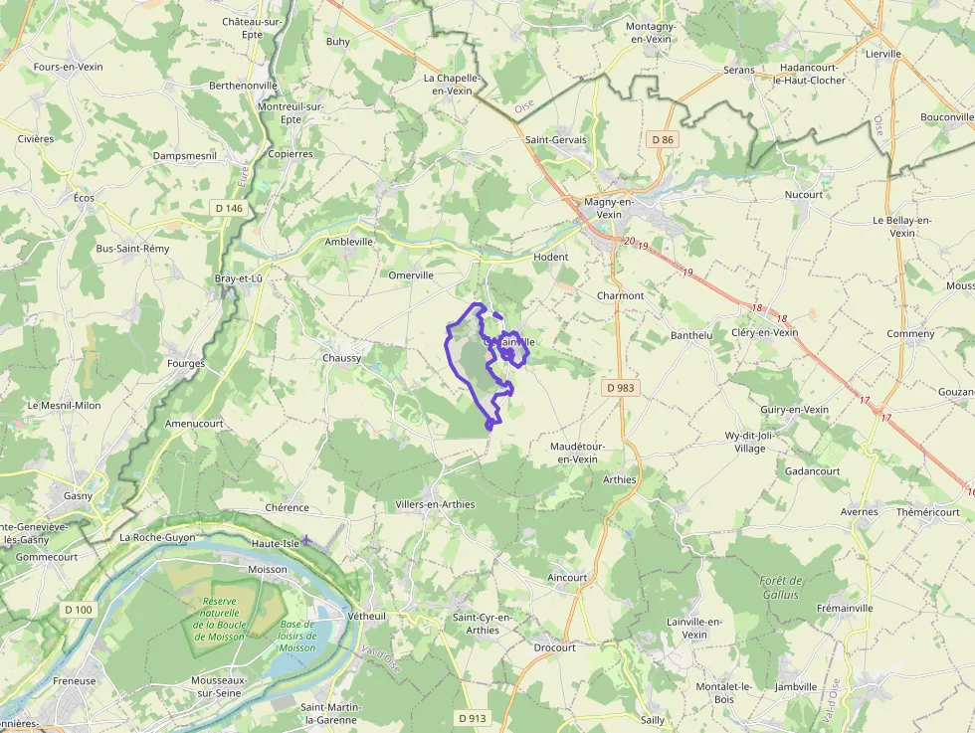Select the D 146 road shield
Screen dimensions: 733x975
pyautogui.click(x=228, y=208)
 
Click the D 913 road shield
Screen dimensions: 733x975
pyautogui.click(x=473, y=718)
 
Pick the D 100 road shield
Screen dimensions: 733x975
pyautogui.click(x=78, y=609)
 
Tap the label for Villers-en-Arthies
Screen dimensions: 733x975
pyautogui.click(x=435, y=504)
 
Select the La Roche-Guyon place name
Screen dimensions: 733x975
pyautogui.click(x=157, y=537)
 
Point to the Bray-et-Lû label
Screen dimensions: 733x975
pyautogui.click(x=239, y=279)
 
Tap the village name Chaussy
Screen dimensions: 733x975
pyautogui.click(x=342, y=358)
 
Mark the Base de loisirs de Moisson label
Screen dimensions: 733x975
pyautogui.click(x=297, y=636)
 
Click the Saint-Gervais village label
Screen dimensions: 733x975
pyautogui.click(x=556, y=140)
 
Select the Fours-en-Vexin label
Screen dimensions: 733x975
pyautogui.click(x=69, y=67)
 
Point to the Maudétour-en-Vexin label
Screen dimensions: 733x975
pyautogui.click(x=578, y=453)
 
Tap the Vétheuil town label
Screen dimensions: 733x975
pyautogui.click(x=367, y=617)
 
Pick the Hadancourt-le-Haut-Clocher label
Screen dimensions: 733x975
pyautogui.click(x=813, y=74)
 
